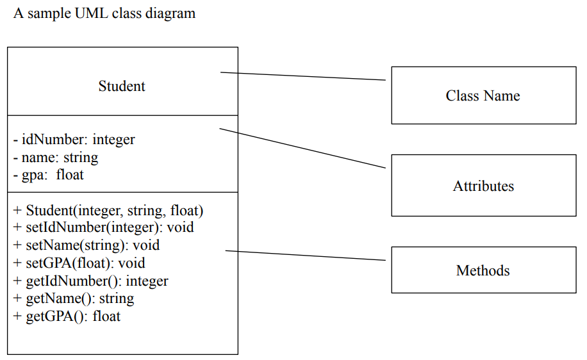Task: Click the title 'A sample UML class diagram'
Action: pos(104,13)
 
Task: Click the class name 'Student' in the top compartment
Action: pos(122,86)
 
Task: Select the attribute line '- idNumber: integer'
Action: pos(74,139)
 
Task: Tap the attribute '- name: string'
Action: pos(56,157)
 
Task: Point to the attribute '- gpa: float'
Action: pos(49,174)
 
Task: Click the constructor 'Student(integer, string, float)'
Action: pos(108,210)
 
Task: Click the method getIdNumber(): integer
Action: pos(90,281)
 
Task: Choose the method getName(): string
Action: pos(74,298)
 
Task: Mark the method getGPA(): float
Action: pos(67,316)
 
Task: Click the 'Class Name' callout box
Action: pos(483,95)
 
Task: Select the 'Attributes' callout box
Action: pos(483,186)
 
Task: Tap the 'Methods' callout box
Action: pos(483,270)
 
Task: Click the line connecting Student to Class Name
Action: pos(302,76)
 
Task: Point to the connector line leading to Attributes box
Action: pos(302,148)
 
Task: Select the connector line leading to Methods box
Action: pos(305,256)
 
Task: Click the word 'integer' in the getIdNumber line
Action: pos(148,281)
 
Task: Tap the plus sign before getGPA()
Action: pos(17,316)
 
